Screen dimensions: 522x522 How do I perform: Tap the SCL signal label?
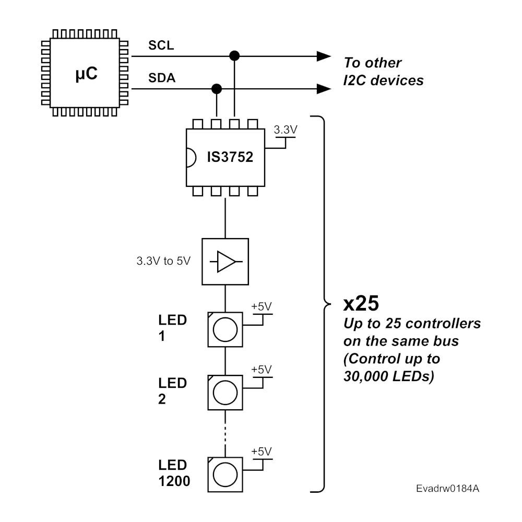point(161,46)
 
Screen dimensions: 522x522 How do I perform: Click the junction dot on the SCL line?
point(235,55)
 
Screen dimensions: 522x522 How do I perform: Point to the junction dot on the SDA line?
point(216,88)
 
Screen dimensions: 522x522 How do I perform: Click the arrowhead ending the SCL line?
point(325,55)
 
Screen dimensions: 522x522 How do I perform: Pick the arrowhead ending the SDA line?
point(325,88)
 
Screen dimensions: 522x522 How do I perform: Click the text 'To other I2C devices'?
point(383,72)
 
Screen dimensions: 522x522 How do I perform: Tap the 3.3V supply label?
point(285,131)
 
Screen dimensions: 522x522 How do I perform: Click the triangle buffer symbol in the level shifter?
point(226,262)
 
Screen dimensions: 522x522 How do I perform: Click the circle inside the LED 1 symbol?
point(226,329)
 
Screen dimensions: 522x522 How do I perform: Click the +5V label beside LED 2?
point(261,369)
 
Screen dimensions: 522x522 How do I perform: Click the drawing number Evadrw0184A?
point(448,489)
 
